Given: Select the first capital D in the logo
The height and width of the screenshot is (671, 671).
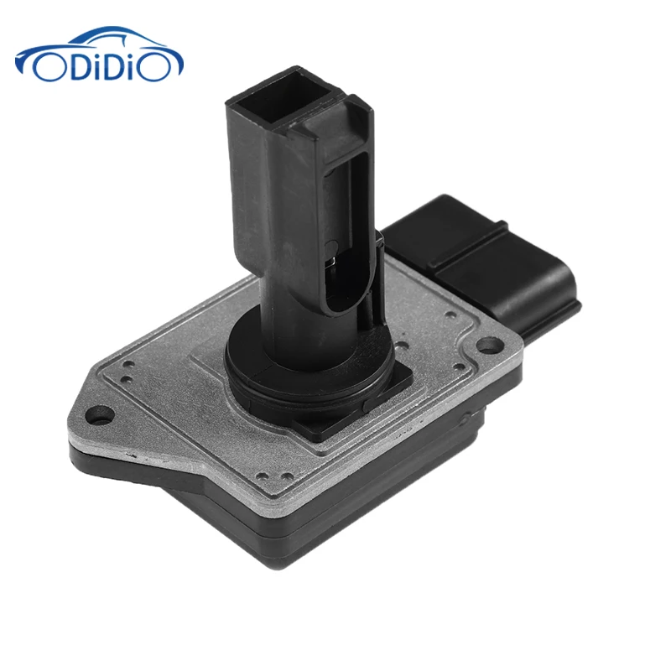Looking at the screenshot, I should pyautogui.click(x=75, y=65).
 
